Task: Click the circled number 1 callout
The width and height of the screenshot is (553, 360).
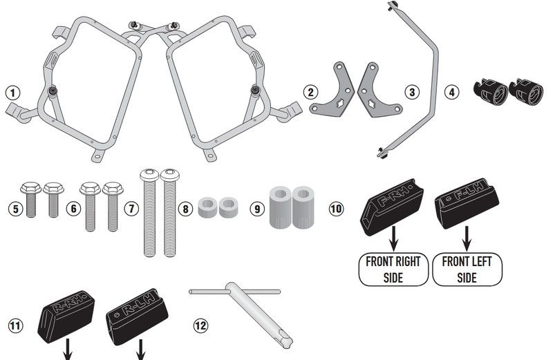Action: coord(13,93)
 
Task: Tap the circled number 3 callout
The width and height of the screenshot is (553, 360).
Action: coord(412,93)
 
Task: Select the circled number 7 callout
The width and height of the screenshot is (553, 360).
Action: coord(131,209)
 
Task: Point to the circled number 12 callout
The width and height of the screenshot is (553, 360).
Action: coord(200,325)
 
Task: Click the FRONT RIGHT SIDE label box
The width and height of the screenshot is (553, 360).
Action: coord(393,269)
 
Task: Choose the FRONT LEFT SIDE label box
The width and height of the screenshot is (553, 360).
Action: coord(467,269)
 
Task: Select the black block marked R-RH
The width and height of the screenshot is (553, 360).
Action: coord(66,316)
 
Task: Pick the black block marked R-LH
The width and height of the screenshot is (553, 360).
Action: coord(137,316)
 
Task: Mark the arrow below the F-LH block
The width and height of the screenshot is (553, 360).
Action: coord(467,238)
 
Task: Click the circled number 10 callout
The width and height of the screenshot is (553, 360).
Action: coord(336,209)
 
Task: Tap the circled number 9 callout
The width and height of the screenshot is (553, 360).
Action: coord(257,209)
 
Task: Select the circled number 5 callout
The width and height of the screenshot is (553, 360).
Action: coord(15,209)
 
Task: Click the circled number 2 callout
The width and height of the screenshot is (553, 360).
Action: coord(310,93)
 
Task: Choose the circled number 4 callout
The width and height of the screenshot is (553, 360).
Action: coord(452,93)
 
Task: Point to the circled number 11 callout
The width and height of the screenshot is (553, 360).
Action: coord(15,325)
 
